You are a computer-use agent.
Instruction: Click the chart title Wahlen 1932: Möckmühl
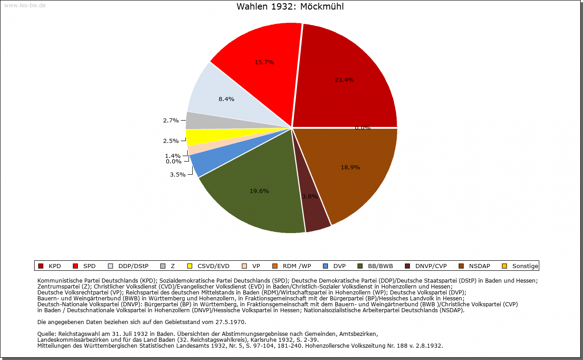(x=290, y=7)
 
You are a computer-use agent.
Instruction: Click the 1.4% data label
(x=173, y=156)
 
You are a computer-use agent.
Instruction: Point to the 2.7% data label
(x=171, y=121)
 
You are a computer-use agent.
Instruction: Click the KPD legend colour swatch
(x=41, y=266)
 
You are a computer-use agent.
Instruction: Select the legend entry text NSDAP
(x=480, y=266)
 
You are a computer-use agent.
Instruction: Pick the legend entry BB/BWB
(x=380, y=266)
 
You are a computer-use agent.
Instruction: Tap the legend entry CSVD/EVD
(x=213, y=266)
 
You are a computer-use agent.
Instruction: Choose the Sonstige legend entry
(x=525, y=266)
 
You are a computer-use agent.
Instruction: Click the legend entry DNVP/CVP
(x=431, y=266)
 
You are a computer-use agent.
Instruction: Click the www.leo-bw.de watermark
(x=25, y=5)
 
